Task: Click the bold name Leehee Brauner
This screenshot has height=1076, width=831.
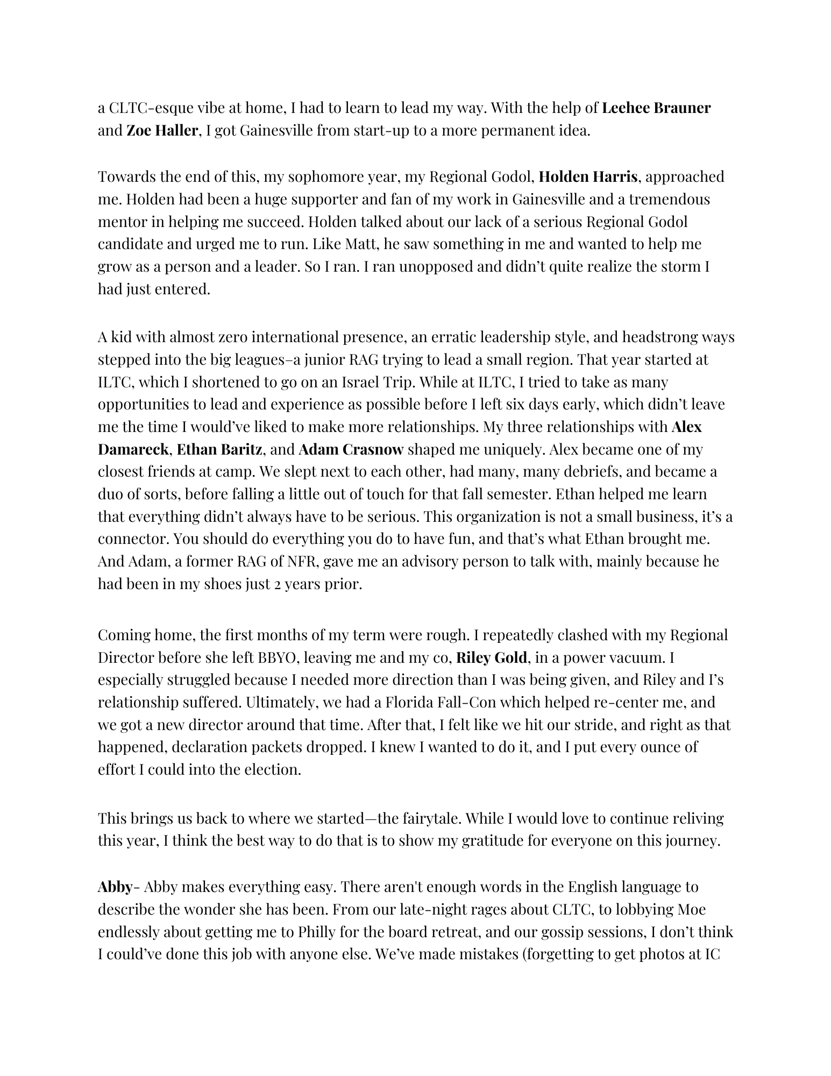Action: pyautogui.click(x=656, y=108)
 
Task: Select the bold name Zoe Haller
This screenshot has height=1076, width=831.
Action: pyautogui.click(x=162, y=131)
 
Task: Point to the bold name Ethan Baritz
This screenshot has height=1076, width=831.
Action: pyautogui.click(x=219, y=449)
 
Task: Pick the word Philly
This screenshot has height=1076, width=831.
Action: pyautogui.click(x=318, y=932)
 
